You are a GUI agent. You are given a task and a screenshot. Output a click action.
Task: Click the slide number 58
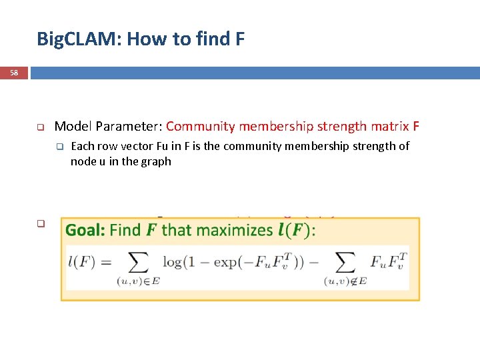[x=14, y=72]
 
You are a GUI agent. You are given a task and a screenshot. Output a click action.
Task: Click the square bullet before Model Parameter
[x=40, y=127]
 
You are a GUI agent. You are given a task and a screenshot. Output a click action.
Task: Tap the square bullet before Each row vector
[x=59, y=147]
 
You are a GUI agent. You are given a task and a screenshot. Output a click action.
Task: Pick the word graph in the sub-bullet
[x=157, y=161]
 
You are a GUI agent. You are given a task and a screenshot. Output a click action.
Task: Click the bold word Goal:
[x=85, y=231]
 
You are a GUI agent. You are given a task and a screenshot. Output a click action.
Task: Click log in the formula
[x=173, y=262]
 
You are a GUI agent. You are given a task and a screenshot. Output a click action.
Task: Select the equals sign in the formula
[x=105, y=262]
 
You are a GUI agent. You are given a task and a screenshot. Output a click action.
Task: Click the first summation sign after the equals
[x=138, y=261]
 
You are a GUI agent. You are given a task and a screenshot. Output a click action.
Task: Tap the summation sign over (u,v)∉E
[x=345, y=261]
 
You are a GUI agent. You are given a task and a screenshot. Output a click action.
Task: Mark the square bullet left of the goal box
[x=40, y=224]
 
